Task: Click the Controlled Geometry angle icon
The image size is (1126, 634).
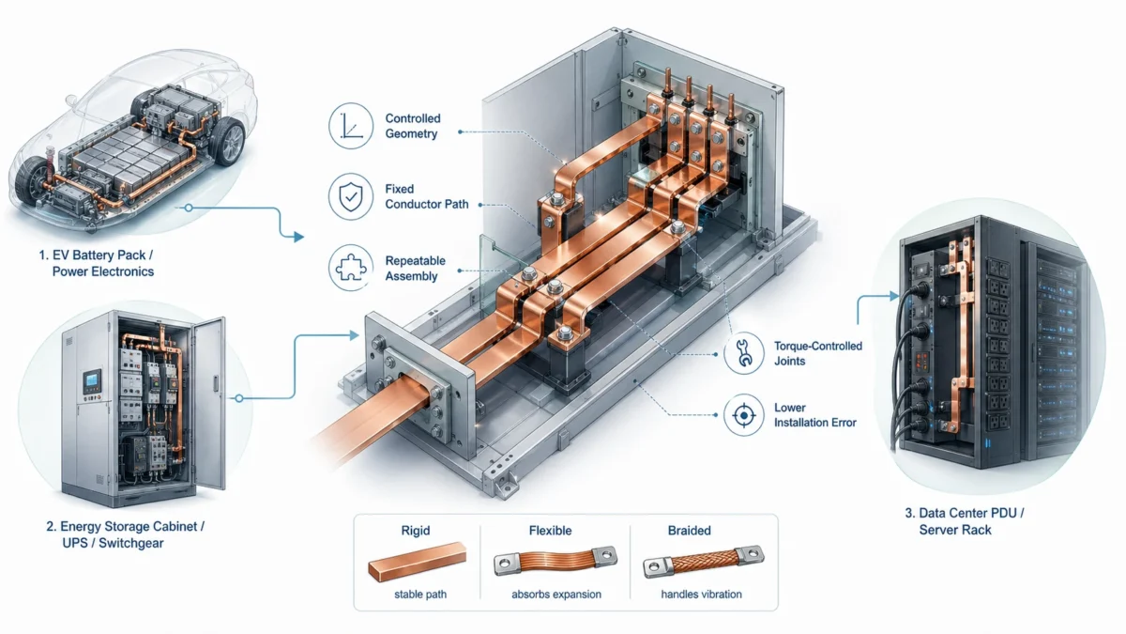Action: (x=352, y=127)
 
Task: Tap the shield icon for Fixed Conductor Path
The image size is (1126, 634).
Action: (x=352, y=196)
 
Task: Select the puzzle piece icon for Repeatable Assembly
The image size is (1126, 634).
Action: (x=352, y=268)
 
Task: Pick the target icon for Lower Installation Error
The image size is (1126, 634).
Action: (x=743, y=414)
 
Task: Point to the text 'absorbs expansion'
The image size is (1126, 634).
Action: (x=556, y=594)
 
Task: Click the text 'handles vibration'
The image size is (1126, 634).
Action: (x=701, y=594)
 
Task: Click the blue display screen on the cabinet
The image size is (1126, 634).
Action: (x=91, y=382)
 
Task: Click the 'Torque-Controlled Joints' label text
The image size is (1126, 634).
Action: (x=817, y=352)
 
